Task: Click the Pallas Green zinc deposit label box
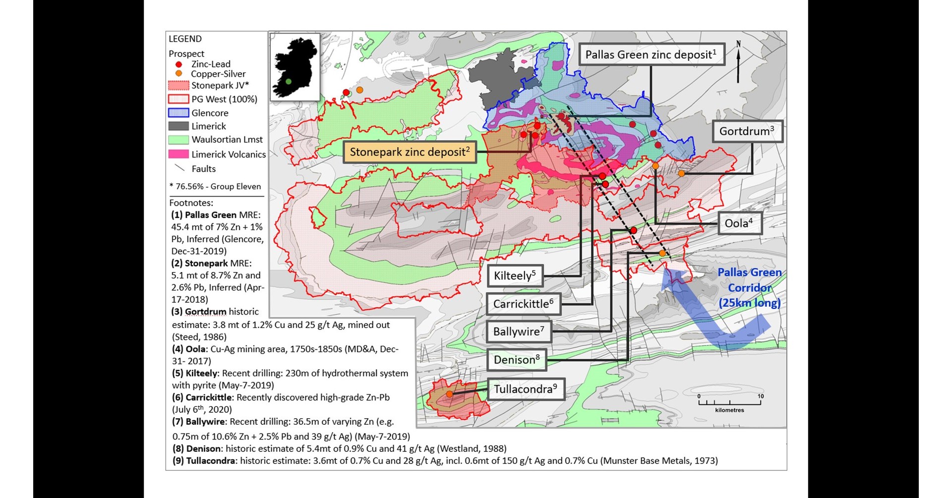click(652, 55)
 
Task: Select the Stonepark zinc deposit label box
click(410, 152)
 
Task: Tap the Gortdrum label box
click(747, 131)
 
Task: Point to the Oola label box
click(739, 223)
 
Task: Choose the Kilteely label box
click(515, 276)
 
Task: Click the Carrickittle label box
click(523, 304)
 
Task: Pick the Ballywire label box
click(519, 332)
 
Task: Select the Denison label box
click(516, 360)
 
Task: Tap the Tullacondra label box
click(526, 389)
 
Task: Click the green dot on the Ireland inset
click(288, 81)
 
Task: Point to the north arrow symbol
click(738, 62)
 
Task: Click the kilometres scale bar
click(729, 403)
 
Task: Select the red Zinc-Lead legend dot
click(179, 64)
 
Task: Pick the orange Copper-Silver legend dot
click(179, 74)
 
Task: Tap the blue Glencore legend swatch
click(178, 113)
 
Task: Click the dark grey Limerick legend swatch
click(178, 126)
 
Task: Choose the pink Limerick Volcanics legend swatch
click(178, 154)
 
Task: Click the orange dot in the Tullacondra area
click(449, 394)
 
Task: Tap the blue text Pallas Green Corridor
click(749, 287)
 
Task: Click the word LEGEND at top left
click(185, 39)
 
